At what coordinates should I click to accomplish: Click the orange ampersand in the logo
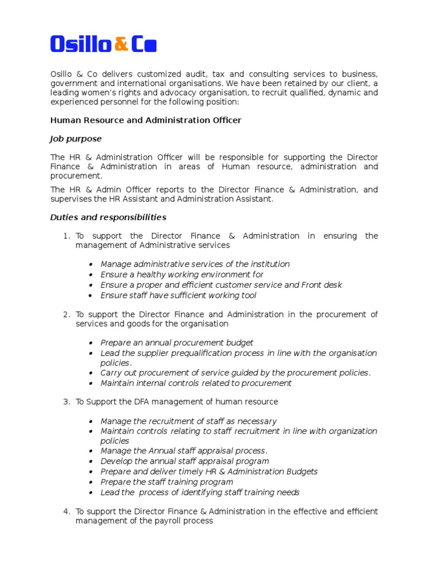(121, 44)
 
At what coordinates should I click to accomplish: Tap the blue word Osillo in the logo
(80, 44)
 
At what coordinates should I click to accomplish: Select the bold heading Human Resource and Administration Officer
(146, 120)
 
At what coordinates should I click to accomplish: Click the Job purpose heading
(76, 139)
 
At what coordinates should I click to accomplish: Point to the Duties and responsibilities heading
(108, 217)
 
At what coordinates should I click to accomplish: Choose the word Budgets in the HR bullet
(302, 471)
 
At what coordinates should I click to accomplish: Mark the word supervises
(70, 199)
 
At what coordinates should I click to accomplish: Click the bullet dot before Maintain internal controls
(91, 384)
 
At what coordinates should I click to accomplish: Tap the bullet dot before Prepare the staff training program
(91, 483)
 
